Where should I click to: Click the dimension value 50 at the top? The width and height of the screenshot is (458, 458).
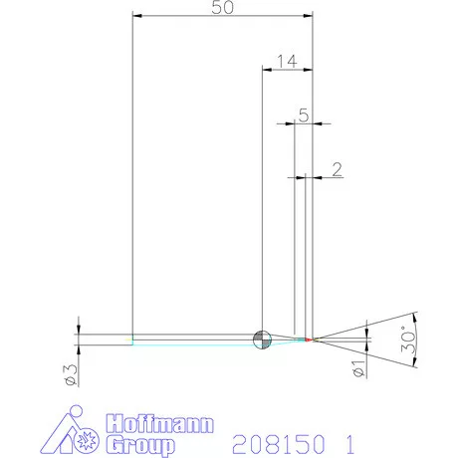click(x=223, y=7)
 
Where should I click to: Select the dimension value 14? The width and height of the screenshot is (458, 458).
click(x=287, y=62)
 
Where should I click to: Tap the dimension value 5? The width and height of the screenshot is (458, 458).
click(x=303, y=114)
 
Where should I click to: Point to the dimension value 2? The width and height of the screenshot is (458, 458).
click(x=337, y=168)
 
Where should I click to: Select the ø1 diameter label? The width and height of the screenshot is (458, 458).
click(x=358, y=369)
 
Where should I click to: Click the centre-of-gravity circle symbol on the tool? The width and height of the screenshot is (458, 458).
click(x=262, y=339)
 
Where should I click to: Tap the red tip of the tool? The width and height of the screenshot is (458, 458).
click(x=310, y=340)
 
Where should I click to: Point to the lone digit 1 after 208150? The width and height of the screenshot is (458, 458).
click(x=347, y=440)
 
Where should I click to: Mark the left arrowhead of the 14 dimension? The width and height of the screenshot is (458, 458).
click(x=266, y=70)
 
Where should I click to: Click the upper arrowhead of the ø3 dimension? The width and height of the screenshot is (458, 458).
click(x=77, y=329)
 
